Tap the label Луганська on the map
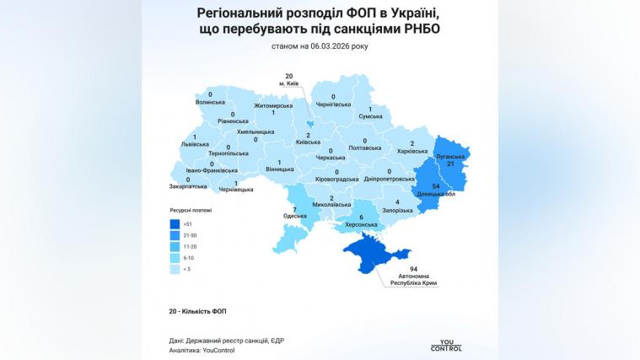point(450,158)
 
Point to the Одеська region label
point(294,217)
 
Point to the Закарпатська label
point(188,187)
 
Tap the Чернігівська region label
point(334,105)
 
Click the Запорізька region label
point(396,210)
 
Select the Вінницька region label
point(280,170)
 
